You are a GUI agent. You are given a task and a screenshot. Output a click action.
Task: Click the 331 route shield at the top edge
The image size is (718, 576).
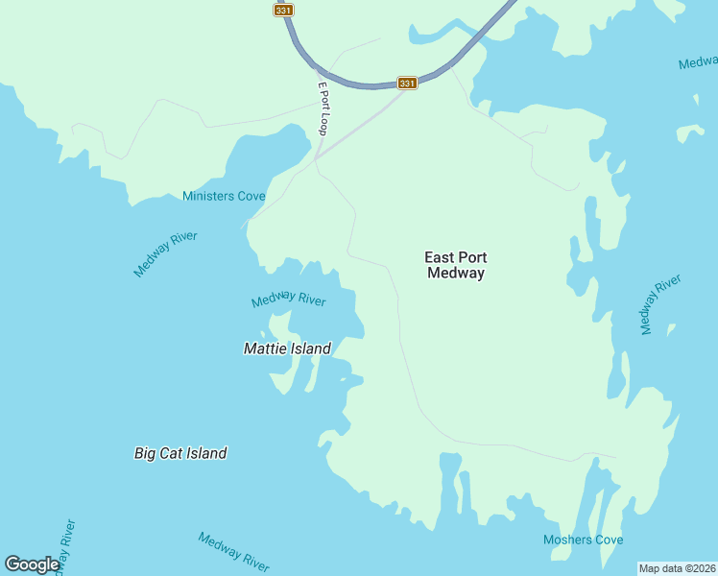(282, 10)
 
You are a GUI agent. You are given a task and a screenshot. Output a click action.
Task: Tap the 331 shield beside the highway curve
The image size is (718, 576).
(407, 84)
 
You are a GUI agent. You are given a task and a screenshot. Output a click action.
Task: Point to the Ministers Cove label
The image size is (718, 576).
(224, 197)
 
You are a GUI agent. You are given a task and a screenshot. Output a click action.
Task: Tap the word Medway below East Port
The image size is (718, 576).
(456, 273)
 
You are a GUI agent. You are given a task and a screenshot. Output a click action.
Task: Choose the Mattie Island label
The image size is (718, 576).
(287, 348)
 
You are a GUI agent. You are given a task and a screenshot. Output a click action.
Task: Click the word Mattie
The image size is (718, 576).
(264, 348)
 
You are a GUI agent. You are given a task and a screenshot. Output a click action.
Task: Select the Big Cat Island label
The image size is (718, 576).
(180, 453)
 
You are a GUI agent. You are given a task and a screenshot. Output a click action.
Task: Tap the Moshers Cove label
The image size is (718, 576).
(583, 540)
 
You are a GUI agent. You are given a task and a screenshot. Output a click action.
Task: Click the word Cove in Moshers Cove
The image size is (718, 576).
(608, 540)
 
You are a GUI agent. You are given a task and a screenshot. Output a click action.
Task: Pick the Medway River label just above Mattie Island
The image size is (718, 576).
(289, 300)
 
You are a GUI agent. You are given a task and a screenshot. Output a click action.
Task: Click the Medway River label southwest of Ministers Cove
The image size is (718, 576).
(165, 254)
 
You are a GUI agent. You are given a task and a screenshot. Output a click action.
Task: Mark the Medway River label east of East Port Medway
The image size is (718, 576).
(660, 304)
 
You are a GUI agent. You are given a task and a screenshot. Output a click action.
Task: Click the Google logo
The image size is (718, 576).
(32, 564)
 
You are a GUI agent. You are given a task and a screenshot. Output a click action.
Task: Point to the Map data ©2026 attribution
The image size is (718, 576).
(678, 567)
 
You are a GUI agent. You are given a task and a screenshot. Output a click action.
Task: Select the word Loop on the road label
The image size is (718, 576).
(323, 121)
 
